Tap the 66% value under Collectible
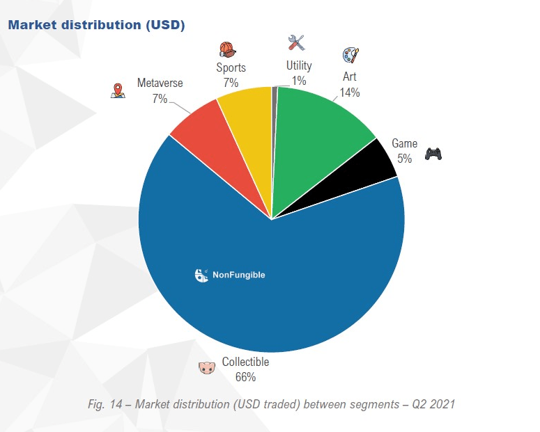(x=245, y=377)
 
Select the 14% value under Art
(x=350, y=93)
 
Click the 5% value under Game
(x=405, y=159)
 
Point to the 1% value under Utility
(x=299, y=81)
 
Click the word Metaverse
(x=160, y=83)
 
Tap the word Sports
(x=230, y=68)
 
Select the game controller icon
(x=433, y=152)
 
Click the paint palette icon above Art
(x=350, y=56)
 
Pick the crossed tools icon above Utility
(x=297, y=42)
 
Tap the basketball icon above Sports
(x=228, y=49)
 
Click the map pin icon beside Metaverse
(x=118, y=91)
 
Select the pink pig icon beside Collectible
(x=206, y=367)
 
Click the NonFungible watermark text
(x=238, y=275)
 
